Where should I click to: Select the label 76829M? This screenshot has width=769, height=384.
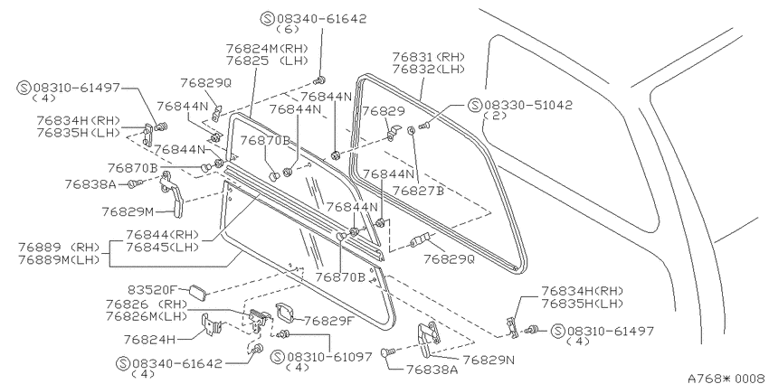(x=128, y=211)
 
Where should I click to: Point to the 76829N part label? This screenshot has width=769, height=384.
(x=489, y=360)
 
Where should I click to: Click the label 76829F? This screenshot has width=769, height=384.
(x=329, y=321)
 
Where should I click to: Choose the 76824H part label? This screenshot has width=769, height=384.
(x=148, y=339)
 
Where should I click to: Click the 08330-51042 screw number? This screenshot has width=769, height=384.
(x=528, y=106)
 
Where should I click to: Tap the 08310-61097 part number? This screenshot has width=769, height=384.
(x=329, y=357)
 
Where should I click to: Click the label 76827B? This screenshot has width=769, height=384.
(x=418, y=191)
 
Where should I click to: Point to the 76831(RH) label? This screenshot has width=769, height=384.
(x=428, y=57)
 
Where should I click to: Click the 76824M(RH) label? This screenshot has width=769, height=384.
(x=267, y=49)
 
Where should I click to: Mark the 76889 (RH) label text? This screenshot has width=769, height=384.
(x=59, y=247)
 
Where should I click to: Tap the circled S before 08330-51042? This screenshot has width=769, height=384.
(x=475, y=106)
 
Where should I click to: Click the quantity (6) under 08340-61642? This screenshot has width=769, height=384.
(x=288, y=29)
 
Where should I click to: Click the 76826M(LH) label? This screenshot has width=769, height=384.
(x=147, y=316)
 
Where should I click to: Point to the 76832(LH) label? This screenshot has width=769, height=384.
(x=428, y=69)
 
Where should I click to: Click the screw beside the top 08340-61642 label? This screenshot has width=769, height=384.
(x=319, y=80)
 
